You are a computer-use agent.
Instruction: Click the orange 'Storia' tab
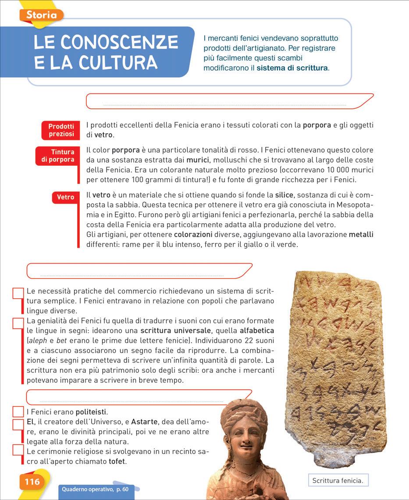click(x=41, y=15)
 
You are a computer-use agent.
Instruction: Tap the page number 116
click(x=32, y=482)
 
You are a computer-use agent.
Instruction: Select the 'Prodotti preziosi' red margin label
click(x=61, y=130)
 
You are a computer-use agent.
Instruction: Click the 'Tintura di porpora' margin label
click(x=58, y=156)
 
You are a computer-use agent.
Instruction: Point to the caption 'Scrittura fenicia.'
click(x=338, y=481)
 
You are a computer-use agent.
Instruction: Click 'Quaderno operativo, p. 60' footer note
click(x=95, y=489)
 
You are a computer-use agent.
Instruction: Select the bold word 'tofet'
click(x=117, y=461)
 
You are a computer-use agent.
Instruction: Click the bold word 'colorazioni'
click(x=193, y=235)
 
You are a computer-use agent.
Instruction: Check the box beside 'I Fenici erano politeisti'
click(x=18, y=412)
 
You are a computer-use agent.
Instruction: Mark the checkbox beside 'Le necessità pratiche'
click(x=18, y=293)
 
